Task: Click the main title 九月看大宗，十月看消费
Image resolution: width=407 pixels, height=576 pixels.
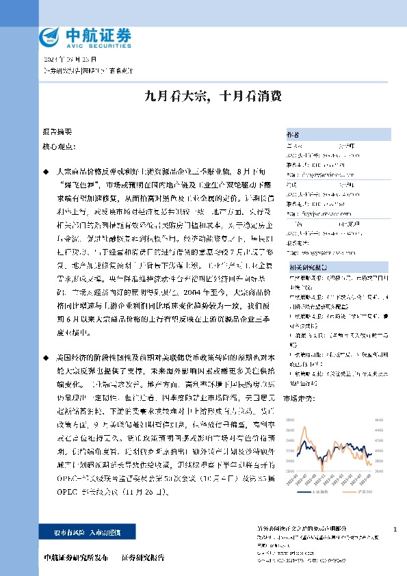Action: [x=203, y=96]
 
